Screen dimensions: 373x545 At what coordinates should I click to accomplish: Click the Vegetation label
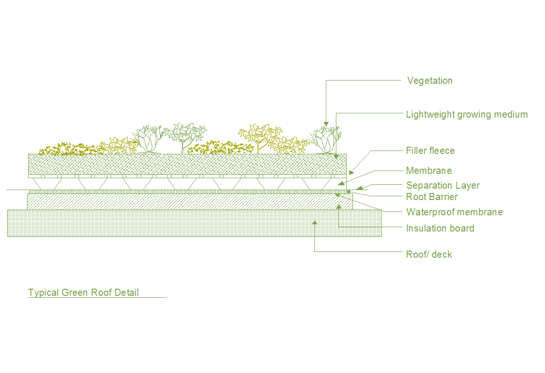[430, 81]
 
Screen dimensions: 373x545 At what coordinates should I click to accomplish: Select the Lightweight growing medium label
[466, 114]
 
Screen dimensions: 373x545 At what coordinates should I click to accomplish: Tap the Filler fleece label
[430, 151]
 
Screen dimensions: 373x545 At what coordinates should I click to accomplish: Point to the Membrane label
[429, 171]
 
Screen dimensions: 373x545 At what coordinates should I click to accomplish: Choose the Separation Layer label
[443, 185]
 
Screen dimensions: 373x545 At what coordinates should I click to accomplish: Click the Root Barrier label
[432, 197]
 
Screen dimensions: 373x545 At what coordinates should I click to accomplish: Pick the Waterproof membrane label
[454, 212]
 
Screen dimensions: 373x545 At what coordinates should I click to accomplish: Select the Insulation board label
[440, 228]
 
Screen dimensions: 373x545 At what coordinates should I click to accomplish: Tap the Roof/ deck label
[429, 254]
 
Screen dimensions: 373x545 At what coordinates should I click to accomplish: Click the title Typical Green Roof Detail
[83, 292]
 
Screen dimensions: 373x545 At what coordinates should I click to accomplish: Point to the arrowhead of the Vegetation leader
[326, 124]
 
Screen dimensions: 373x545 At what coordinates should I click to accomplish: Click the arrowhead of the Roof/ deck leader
[315, 222]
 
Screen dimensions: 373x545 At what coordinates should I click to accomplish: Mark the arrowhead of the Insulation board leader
[338, 206]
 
